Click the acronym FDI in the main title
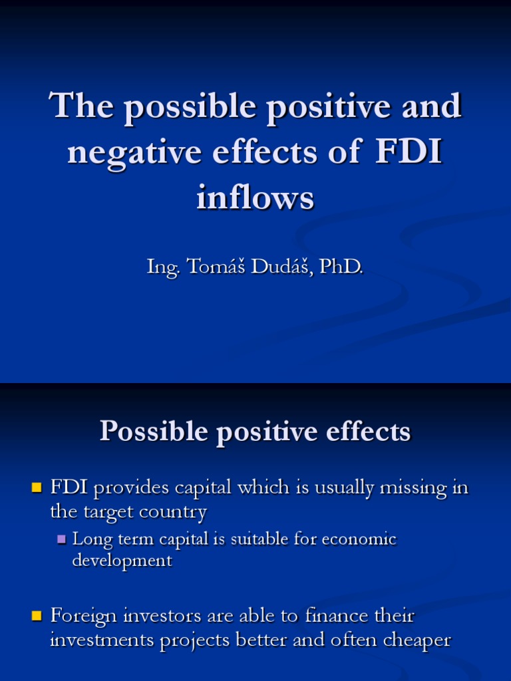tap(409, 152)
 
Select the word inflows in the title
tap(255, 198)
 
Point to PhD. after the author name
tap(341, 267)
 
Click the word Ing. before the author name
tap(162, 267)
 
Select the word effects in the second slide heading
tap(365, 432)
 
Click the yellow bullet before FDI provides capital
tap(37, 488)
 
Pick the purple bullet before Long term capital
tap(62, 539)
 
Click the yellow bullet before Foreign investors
tap(37, 616)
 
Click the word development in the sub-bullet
tap(122, 561)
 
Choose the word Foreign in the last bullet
tap(81, 616)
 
